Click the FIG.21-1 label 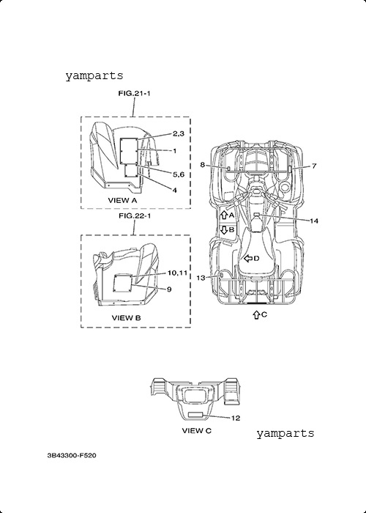point(134,94)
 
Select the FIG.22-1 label point(134,216)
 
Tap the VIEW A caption point(122,200)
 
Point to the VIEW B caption point(127,317)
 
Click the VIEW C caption point(197,431)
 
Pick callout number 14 point(314,221)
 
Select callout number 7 point(314,166)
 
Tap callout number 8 point(203,165)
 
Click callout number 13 point(201,278)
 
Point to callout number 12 point(236,418)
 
